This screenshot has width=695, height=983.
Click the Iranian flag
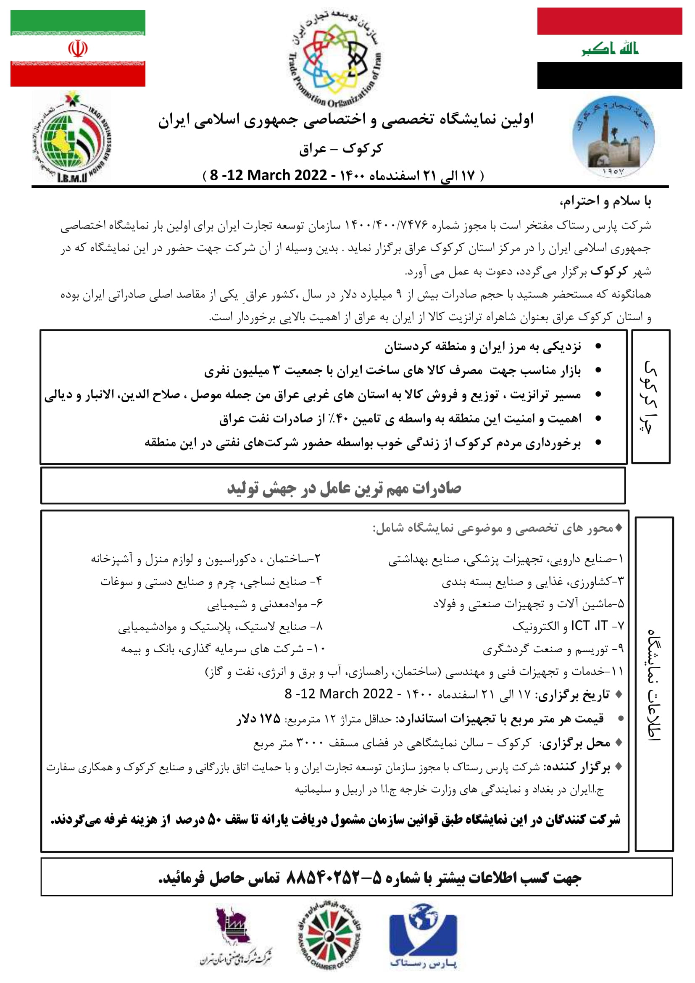coord(78,48)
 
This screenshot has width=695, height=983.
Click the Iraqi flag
coord(609,48)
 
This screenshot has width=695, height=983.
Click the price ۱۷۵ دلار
coord(258,719)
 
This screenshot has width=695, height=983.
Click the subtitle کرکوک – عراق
coord(341,149)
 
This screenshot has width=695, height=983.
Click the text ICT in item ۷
coord(580,626)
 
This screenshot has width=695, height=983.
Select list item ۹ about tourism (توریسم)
coord(553,649)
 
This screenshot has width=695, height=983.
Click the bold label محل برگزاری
coord(576,743)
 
